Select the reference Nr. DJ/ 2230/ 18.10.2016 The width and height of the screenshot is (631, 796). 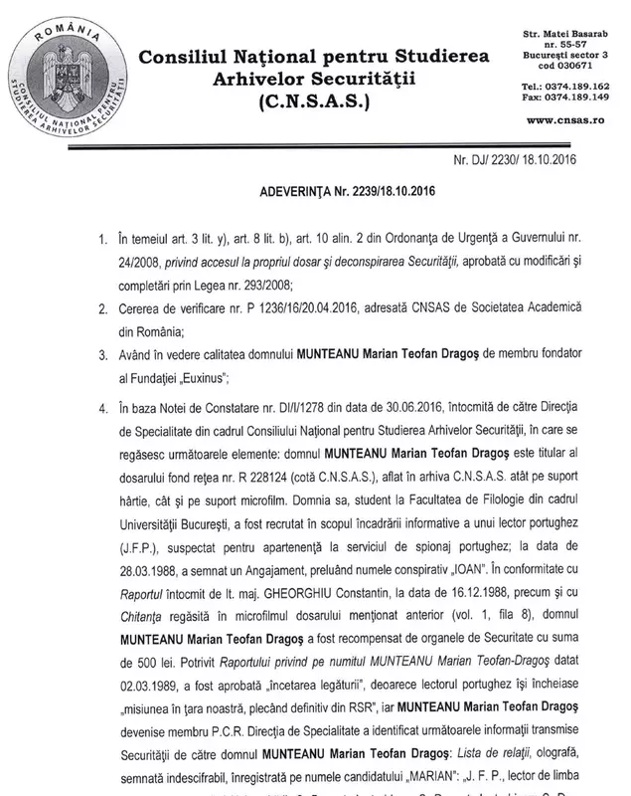click(x=521, y=157)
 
